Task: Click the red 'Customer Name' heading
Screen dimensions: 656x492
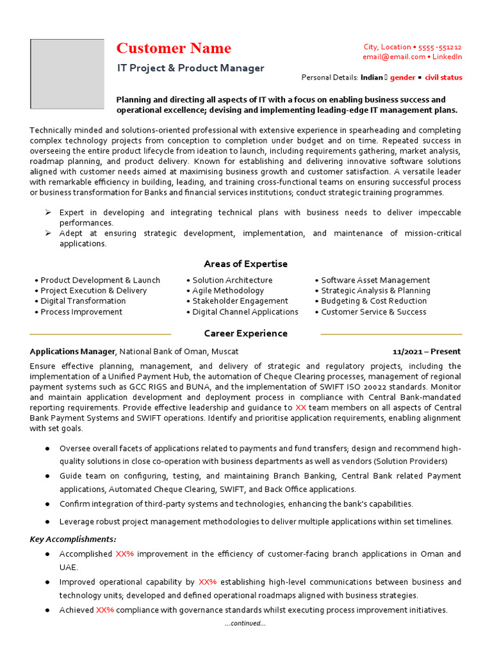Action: [x=174, y=49]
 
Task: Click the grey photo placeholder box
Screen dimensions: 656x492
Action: [x=67, y=74]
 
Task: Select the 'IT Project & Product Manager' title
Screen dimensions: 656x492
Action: [x=190, y=68]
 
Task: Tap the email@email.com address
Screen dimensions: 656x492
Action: [x=394, y=57]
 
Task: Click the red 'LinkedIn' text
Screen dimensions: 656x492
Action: [x=447, y=57]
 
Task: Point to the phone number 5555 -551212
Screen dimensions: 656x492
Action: [x=439, y=47]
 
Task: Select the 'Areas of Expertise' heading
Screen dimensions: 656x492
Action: [x=245, y=264]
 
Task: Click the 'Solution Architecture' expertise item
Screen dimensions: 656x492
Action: [x=232, y=281]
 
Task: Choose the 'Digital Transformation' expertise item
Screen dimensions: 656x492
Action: [x=83, y=301]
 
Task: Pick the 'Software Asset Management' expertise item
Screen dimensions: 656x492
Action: [x=375, y=281]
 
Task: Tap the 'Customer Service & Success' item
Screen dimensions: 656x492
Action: [x=373, y=312]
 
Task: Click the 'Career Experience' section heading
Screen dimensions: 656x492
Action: [x=245, y=334]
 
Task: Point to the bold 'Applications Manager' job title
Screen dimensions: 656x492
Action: [x=72, y=352]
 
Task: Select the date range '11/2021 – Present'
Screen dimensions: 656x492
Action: [x=426, y=352]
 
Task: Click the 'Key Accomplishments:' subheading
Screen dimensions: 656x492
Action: [x=73, y=539]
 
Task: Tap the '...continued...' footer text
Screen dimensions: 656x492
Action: [x=245, y=623]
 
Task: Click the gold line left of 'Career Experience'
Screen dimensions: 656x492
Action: [x=101, y=334]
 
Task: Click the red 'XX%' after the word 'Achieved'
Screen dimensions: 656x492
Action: [x=105, y=611]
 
